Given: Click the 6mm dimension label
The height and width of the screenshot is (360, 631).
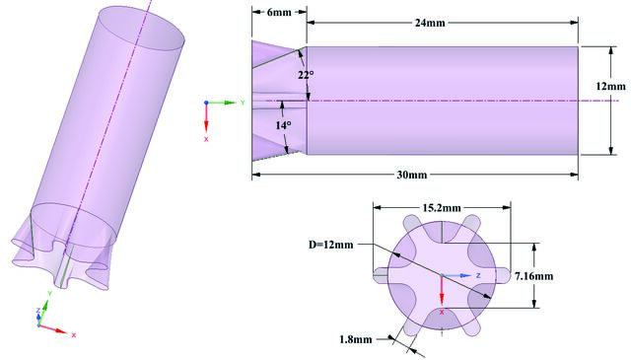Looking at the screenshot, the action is tap(279, 12).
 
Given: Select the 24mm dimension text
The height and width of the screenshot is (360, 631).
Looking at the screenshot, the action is tap(430, 23).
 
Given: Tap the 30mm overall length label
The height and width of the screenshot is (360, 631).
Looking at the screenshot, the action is tap(412, 176).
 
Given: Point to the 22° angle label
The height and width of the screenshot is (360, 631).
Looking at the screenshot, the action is tap(306, 75).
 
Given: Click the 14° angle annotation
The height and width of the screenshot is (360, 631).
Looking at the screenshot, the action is tap(283, 125).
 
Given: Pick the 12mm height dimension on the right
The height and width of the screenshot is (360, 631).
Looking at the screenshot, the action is tap(611, 87).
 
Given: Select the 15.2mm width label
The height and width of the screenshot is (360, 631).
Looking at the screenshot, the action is tap(442, 208).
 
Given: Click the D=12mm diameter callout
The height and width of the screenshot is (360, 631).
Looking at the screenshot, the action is tap(331, 245).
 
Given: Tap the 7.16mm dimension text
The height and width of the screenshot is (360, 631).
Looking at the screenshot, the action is tap(534, 276).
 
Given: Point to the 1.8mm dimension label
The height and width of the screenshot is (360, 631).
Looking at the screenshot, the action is tap(356, 340).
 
